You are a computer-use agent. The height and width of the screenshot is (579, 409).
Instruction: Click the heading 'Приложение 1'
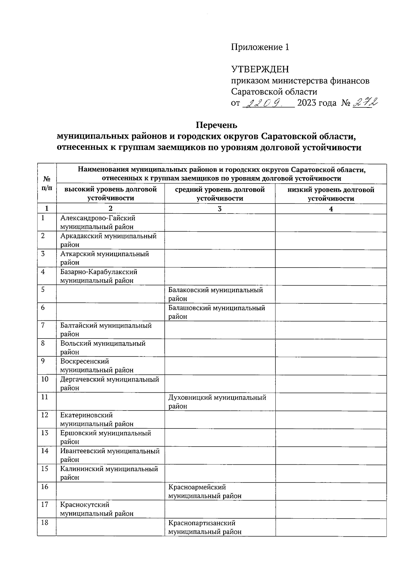[x=260, y=47]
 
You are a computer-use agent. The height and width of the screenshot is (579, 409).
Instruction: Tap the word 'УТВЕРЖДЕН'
[x=260, y=70]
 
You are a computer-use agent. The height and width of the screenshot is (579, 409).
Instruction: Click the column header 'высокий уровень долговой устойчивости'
[x=110, y=194]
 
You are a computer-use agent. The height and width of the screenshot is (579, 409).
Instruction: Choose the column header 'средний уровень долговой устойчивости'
[x=220, y=194]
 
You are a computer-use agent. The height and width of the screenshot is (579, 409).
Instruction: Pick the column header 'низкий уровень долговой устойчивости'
[x=331, y=194]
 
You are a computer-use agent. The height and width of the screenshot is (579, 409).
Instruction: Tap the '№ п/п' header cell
[x=47, y=183]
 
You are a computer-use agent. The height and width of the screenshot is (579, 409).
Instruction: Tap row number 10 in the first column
[x=45, y=379]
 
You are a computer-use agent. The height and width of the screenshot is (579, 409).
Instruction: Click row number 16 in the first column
[x=45, y=487]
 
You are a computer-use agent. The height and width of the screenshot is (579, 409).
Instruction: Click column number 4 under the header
[x=331, y=209]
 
